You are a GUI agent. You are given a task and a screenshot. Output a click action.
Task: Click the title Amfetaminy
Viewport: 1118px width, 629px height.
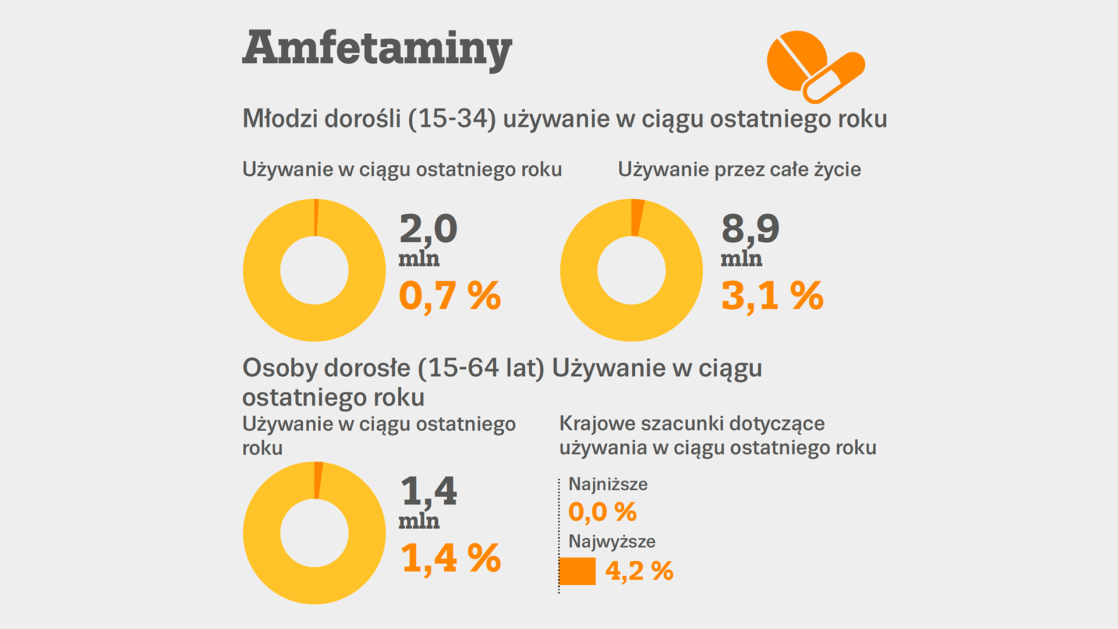point(377,48)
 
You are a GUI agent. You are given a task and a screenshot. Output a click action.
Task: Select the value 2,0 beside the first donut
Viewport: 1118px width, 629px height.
point(428,228)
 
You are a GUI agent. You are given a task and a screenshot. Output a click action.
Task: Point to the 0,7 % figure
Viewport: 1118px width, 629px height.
point(450,295)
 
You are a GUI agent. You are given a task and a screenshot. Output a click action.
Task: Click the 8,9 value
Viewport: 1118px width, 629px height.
point(750,228)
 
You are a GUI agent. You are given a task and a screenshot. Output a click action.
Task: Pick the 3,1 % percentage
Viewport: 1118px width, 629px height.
point(772,295)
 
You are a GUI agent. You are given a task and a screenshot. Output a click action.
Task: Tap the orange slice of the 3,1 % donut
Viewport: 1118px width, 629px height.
point(637,217)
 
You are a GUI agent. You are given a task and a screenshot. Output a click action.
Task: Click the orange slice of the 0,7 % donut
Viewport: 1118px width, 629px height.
point(316,217)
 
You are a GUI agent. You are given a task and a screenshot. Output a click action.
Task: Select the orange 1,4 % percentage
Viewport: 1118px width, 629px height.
point(451,558)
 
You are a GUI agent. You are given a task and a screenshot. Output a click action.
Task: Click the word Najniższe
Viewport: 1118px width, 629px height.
point(607,484)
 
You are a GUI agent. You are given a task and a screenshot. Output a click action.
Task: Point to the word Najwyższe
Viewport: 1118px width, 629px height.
point(611,541)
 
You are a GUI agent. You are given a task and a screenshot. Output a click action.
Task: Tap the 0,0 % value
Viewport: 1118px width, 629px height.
point(602,512)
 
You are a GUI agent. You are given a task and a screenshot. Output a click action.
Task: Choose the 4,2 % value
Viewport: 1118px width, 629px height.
point(639,571)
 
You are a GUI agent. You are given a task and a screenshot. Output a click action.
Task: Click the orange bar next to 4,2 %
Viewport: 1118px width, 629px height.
point(577,571)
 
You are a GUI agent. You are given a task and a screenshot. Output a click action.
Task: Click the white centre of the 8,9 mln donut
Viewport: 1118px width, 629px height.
point(631,270)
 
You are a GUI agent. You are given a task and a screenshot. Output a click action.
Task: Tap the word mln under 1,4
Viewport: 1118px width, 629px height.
point(419,521)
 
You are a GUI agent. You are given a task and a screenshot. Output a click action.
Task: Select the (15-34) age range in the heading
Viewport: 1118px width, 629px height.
point(452,119)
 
